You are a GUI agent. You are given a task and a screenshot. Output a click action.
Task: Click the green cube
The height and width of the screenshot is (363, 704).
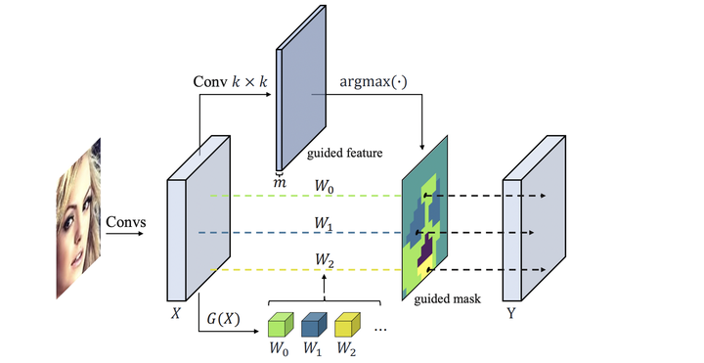pos(280,326)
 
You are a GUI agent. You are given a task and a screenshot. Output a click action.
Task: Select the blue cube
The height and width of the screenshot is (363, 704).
pos(313,326)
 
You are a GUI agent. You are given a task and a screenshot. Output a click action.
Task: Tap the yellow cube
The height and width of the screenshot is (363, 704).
pos(347,326)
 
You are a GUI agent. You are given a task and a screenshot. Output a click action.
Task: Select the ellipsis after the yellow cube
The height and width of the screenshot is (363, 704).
pos(381,331)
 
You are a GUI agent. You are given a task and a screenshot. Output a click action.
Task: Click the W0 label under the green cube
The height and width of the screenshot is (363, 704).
pos(281,349)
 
